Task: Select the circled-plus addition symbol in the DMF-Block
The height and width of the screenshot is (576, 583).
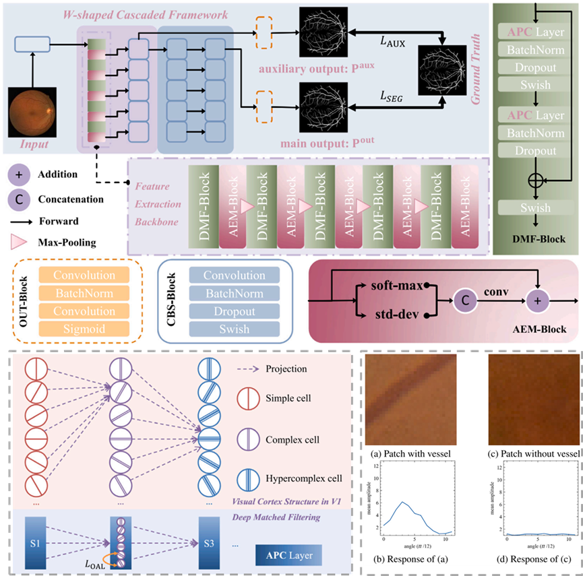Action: tap(536, 180)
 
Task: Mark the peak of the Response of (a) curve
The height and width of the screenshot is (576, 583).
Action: tap(403, 502)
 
